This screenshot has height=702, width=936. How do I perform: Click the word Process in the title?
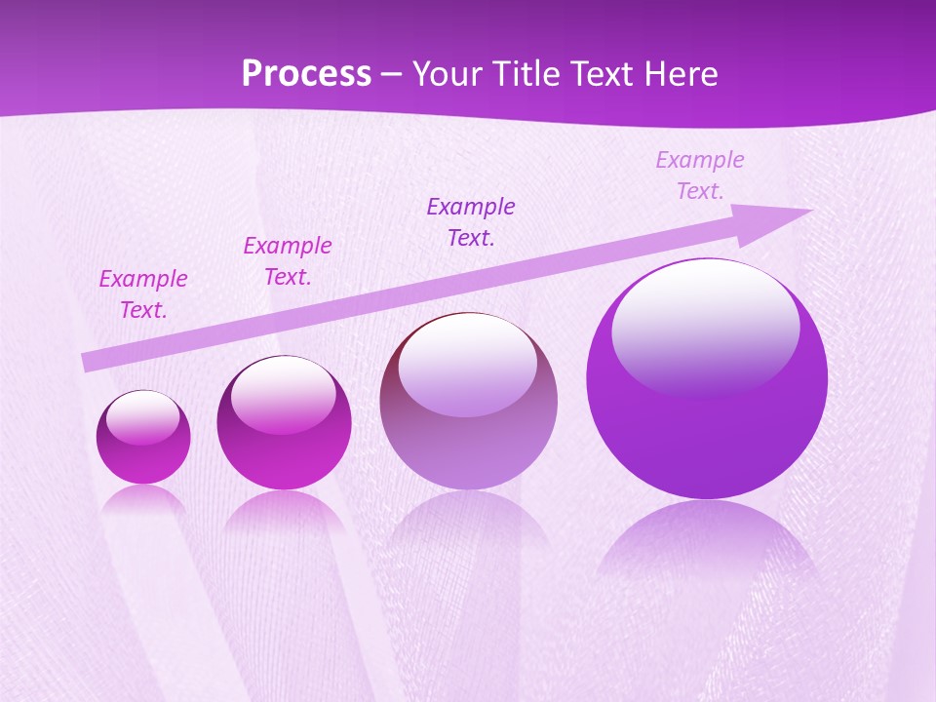(x=306, y=74)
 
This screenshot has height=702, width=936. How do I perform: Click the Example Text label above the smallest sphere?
(x=142, y=294)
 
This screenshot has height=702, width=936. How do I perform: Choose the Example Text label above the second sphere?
(x=288, y=261)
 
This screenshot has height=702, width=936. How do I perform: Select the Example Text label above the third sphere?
(x=471, y=222)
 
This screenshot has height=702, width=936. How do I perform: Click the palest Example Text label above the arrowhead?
(x=700, y=175)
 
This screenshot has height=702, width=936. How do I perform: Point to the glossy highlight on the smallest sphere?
(x=143, y=416)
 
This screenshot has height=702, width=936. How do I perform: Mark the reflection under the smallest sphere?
(x=143, y=502)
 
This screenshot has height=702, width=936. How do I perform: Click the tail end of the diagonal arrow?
(x=88, y=363)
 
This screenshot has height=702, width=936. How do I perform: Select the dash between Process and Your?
(x=392, y=75)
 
